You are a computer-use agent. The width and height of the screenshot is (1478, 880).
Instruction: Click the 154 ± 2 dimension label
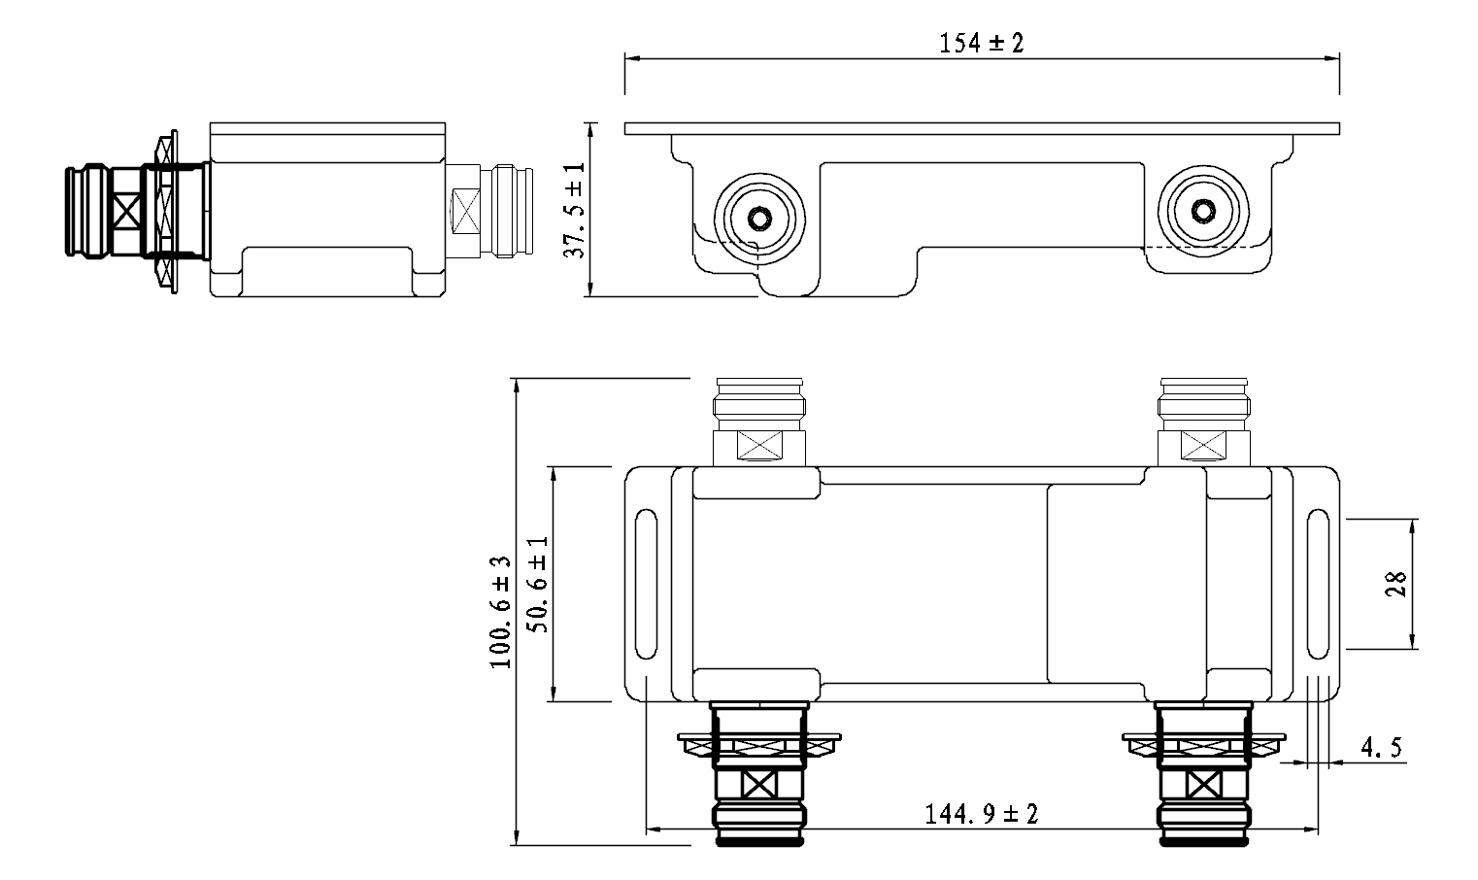click(x=981, y=43)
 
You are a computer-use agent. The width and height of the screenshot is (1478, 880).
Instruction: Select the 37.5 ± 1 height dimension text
click(x=575, y=210)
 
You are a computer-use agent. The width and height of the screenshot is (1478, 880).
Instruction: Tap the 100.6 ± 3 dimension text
click(x=501, y=612)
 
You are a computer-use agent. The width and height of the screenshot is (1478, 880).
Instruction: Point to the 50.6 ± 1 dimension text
click(x=538, y=585)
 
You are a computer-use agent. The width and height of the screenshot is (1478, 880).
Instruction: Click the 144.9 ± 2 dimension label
click(x=981, y=814)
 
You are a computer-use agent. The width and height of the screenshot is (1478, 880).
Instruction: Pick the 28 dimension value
click(x=1395, y=585)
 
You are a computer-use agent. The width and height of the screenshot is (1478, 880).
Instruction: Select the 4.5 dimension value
click(x=1381, y=747)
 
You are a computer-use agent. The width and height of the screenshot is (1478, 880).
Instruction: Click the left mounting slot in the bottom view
click(x=646, y=585)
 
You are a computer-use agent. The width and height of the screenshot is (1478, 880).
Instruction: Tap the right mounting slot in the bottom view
click(x=1318, y=585)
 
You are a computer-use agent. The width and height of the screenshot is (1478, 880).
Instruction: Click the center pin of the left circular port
click(x=759, y=218)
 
